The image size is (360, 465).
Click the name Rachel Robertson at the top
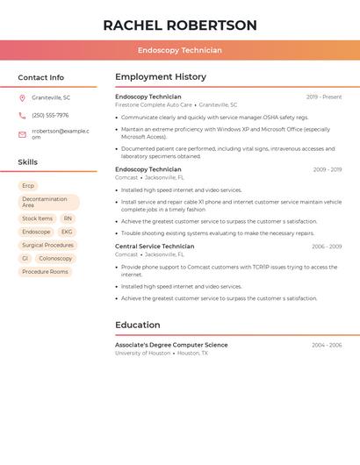[180, 25]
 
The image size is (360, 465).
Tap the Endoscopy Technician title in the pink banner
[180, 50]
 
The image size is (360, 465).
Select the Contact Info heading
[41, 77]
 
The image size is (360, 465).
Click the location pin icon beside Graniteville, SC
[22, 97]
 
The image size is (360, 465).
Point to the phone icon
[22, 115]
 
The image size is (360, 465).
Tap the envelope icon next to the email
[22, 134]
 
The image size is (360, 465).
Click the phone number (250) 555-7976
[50, 115]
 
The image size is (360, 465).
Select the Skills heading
[28, 161]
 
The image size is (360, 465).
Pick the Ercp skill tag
[28, 186]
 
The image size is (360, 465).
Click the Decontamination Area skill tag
[48, 202]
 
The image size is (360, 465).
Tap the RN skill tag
[68, 218]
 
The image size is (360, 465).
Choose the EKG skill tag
[67, 232]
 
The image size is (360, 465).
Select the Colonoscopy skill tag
[55, 259]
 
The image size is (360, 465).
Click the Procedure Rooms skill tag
[45, 272]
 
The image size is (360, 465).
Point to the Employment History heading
[161, 77]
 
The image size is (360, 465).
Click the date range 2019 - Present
[324, 97]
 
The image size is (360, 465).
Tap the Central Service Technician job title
[155, 247]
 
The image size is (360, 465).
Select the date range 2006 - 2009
[327, 247]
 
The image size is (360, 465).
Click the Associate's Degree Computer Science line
[171, 345]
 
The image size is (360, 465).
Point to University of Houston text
[143, 353]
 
